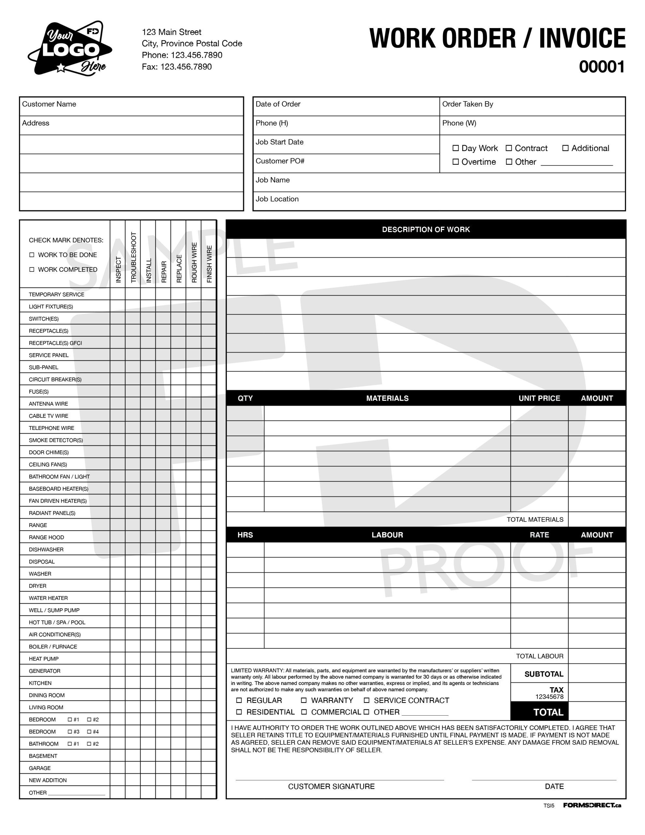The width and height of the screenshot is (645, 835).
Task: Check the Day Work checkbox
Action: pyautogui.click(x=455, y=148)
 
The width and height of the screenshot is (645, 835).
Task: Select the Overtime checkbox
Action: pyautogui.click(x=455, y=162)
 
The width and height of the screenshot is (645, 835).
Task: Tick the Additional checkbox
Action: pyautogui.click(x=565, y=148)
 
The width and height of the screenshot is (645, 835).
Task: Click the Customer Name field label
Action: pyautogui.click(x=49, y=104)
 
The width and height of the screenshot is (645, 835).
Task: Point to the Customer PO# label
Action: pyautogui.click(x=280, y=161)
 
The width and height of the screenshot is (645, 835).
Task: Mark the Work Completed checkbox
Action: pyautogui.click(x=32, y=269)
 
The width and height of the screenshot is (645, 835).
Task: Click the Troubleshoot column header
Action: pyautogui.click(x=133, y=257)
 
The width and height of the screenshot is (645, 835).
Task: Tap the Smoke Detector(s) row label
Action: pyautogui.click(x=56, y=440)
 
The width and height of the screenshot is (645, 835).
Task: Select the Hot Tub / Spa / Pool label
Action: pyautogui.click(x=57, y=622)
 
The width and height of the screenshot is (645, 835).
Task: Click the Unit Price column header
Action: pyautogui.click(x=539, y=398)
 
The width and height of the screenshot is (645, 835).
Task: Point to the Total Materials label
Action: pyautogui.click(x=535, y=519)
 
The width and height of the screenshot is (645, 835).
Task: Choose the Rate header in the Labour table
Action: pyautogui.click(x=539, y=535)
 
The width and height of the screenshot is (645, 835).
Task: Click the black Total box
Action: pyautogui.click(x=539, y=712)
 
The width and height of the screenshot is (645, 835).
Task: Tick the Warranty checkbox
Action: pyautogui.click(x=304, y=700)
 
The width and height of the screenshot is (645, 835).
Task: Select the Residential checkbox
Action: pyautogui.click(x=239, y=712)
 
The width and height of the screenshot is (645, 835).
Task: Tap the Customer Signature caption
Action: pyautogui.click(x=331, y=786)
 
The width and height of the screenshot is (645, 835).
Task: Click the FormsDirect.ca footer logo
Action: pyautogui.click(x=592, y=805)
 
